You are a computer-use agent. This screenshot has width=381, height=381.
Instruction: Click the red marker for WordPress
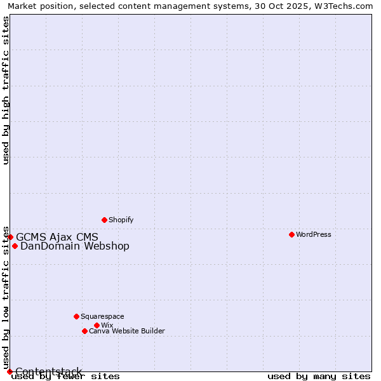tap(291, 234)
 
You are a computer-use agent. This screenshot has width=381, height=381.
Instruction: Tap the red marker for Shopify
tap(104, 220)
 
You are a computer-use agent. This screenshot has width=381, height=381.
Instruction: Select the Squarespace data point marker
tap(76, 316)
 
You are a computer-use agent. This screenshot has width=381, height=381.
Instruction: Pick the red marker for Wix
tap(97, 325)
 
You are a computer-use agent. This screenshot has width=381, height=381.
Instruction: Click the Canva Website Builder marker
tap(84, 331)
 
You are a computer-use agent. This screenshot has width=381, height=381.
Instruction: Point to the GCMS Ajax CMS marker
tap(10, 237)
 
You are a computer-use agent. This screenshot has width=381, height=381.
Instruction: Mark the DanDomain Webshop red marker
tap(15, 246)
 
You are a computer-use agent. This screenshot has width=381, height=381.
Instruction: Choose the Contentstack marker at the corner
tap(10, 371)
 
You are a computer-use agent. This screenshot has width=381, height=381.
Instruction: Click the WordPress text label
tap(314, 234)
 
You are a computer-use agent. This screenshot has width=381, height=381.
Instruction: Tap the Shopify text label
tap(121, 220)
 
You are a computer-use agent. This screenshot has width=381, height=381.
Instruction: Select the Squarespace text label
tap(102, 316)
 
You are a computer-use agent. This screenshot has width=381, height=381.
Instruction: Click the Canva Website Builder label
tap(127, 331)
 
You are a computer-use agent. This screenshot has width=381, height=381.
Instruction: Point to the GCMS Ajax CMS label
tap(57, 237)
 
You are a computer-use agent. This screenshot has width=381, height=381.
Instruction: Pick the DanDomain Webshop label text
tap(75, 246)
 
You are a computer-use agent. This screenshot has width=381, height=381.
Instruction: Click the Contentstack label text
tap(49, 371)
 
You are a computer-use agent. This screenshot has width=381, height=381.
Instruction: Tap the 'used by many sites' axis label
tap(319, 377)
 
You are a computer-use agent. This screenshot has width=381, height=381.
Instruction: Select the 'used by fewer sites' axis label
tap(65, 377)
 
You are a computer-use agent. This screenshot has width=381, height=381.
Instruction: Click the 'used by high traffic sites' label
tap(6, 90)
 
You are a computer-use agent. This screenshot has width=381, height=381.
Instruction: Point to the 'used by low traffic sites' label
tap(6, 297)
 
